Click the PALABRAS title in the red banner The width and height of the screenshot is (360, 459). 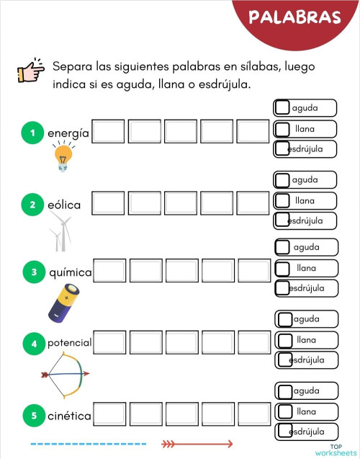(x=294, y=17)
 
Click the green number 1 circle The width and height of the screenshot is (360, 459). (x=32, y=133)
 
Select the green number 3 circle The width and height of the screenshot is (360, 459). (x=34, y=272)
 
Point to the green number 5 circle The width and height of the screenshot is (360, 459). (x=32, y=415)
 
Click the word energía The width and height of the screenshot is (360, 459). (x=68, y=133)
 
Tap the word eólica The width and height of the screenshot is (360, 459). (x=64, y=205)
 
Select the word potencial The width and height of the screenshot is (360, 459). (x=69, y=343)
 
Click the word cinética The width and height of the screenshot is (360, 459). (x=69, y=416)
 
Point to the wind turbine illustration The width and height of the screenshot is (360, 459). (x=60, y=235)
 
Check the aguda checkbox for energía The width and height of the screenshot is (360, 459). (x=283, y=108)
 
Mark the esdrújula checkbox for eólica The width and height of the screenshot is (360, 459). (x=283, y=220)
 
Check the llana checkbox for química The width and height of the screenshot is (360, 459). (x=284, y=267)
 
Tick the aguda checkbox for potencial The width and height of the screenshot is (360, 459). (x=285, y=318)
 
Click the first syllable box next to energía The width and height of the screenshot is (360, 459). (x=108, y=132)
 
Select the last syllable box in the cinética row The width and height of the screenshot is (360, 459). (x=253, y=414)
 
